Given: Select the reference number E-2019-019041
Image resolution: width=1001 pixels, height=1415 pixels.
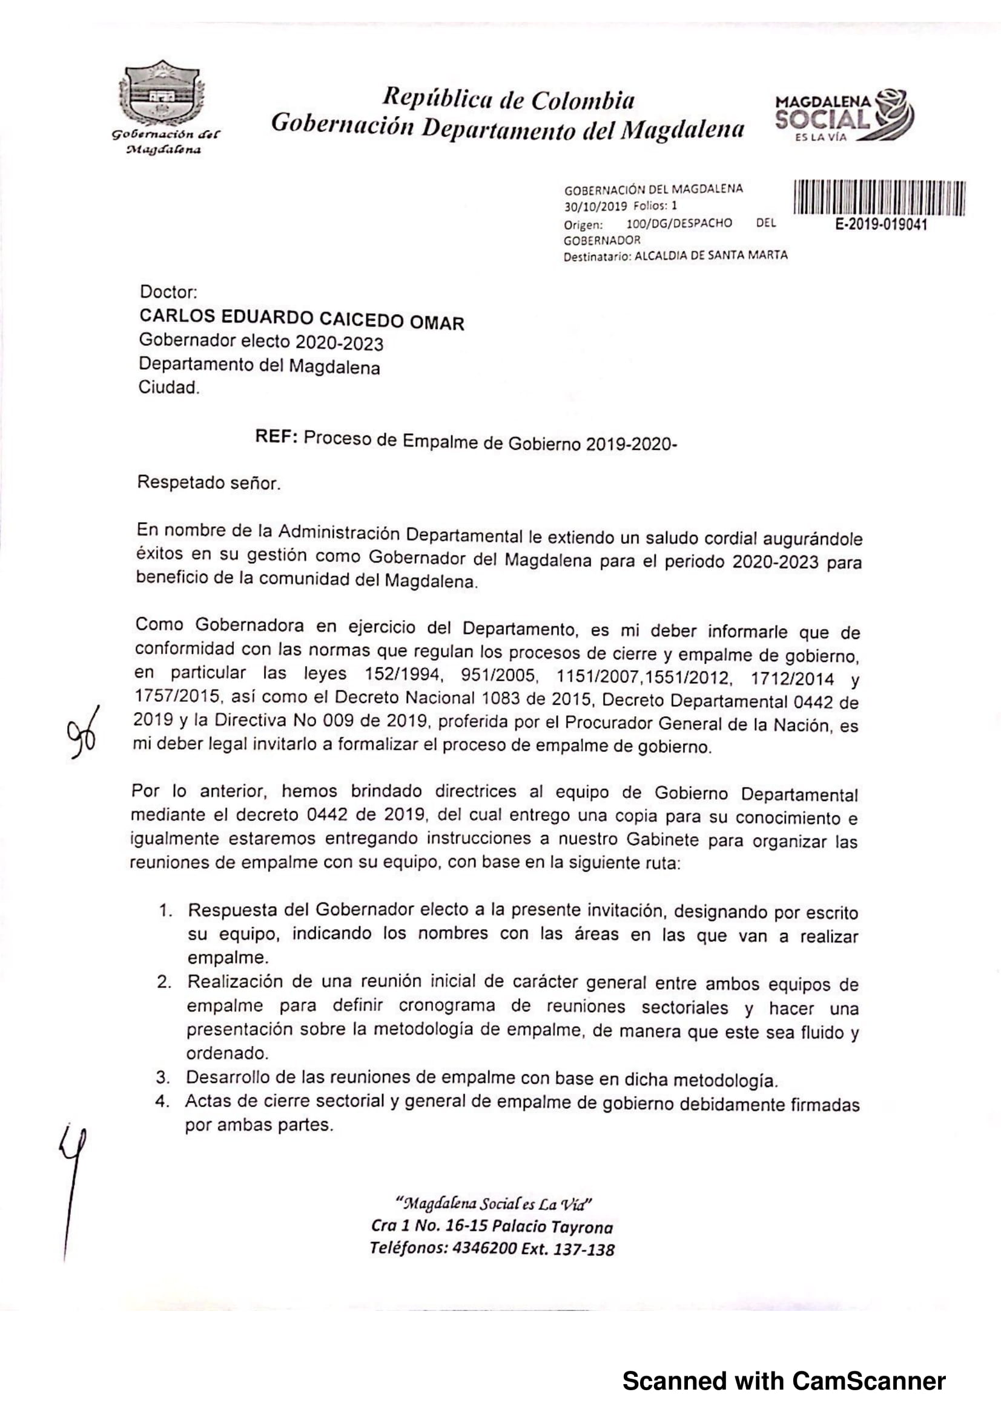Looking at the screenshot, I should click(x=880, y=226).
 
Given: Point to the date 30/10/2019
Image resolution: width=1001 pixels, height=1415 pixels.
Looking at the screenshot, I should click(x=595, y=206).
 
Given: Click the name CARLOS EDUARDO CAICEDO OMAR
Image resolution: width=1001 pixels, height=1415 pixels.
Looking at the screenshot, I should click(x=302, y=319).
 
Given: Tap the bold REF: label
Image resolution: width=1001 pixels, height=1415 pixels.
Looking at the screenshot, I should click(x=277, y=437).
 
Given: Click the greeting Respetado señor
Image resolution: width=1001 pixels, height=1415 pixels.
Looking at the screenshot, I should click(x=209, y=483).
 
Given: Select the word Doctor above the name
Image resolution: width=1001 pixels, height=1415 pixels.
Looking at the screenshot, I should click(x=168, y=291).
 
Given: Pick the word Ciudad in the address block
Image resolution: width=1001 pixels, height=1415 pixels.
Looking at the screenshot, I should click(x=168, y=388).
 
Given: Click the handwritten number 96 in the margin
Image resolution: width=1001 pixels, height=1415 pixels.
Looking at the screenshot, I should click(x=82, y=733).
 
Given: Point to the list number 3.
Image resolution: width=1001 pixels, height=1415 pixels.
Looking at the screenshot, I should click(x=162, y=1077).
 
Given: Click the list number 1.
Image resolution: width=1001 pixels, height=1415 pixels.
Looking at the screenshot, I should click(x=165, y=910).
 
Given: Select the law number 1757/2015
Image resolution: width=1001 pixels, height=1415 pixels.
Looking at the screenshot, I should click(x=177, y=696).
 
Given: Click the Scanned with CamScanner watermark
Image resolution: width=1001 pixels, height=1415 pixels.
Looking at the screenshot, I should click(x=784, y=1381).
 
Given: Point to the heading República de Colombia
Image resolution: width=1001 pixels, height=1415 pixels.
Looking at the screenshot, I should click(x=508, y=100).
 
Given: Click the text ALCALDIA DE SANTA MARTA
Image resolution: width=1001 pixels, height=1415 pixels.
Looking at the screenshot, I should click(x=710, y=255).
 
